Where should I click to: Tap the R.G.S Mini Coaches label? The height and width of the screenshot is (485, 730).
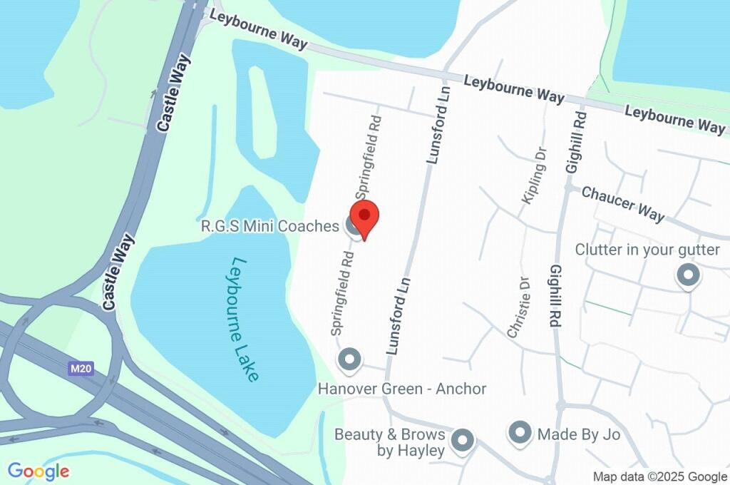click(269, 227)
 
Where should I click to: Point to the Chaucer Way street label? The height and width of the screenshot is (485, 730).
click(623, 203)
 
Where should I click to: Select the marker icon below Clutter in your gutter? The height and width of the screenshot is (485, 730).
click(688, 275)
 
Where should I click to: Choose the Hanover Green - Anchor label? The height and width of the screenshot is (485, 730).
click(402, 389)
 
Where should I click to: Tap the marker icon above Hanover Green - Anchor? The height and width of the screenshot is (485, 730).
click(349, 360)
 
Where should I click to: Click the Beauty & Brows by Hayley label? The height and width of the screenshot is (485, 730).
click(390, 442)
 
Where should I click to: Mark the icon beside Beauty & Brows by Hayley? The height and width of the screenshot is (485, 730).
click(463, 440)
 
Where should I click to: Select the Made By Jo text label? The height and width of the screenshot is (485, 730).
click(579, 434)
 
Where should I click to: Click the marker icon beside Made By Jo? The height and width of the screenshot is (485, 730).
click(520, 432)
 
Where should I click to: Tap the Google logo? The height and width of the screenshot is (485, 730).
click(38, 471)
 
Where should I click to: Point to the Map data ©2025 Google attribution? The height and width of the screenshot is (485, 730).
click(659, 476)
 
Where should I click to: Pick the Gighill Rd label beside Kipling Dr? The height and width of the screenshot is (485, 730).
click(575, 143)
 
